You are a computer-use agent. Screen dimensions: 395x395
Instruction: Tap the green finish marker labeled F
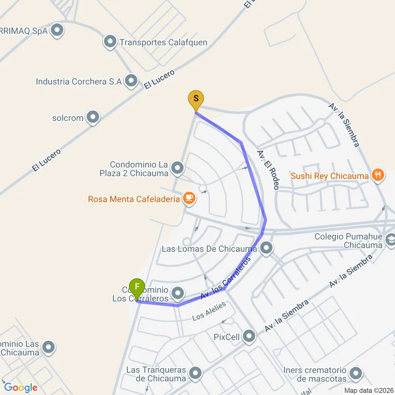pyautogui.click(x=137, y=288)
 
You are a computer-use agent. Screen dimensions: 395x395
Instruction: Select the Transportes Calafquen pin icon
pyautogui.click(x=110, y=42)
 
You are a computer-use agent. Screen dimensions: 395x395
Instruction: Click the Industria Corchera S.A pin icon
pyautogui.click(x=131, y=81)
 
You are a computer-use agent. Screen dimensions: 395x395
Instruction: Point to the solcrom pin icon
pyautogui.click(x=93, y=117)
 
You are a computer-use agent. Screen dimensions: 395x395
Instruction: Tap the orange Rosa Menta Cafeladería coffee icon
pyautogui.click(x=189, y=198)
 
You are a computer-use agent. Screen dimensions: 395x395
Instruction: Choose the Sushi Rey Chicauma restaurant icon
pyautogui.click(x=377, y=175)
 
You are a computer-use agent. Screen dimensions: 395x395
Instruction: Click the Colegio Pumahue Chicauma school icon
pyautogui.click(x=390, y=240)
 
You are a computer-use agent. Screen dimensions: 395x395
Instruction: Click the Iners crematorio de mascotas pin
pyautogui.click(x=356, y=373)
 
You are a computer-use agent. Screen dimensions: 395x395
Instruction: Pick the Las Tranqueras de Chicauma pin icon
pyautogui.click(x=195, y=373)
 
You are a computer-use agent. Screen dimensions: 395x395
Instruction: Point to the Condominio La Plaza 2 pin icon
pyautogui.click(x=178, y=169)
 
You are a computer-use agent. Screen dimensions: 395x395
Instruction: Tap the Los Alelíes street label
pyautogui.click(x=209, y=311)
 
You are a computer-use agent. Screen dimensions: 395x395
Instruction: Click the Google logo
pyautogui.click(x=21, y=388)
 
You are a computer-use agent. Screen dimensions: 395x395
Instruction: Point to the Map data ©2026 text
pyautogui.click(x=369, y=390)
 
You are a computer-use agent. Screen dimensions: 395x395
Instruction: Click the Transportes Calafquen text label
pyautogui.click(x=163, y=42)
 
